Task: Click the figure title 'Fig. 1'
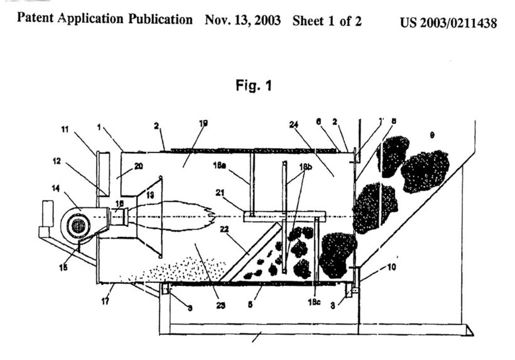tap(254, 86)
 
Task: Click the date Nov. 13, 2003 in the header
tap(244, 19)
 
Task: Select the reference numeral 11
tap(65, 129)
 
